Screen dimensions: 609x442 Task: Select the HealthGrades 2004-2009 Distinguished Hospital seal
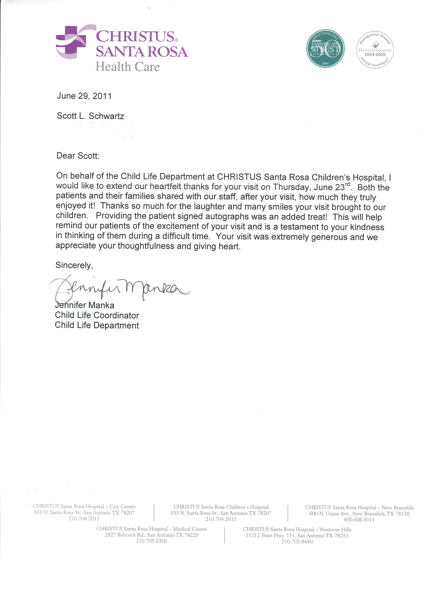(375, 50)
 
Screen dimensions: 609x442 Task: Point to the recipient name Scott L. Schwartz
(90, 116)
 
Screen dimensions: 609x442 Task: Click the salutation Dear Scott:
(78, 156)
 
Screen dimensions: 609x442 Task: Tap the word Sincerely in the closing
(74, 265)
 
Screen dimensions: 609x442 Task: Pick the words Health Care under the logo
(128, 67)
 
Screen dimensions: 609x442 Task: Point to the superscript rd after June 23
(347, 184)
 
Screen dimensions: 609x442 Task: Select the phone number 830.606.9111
(359, 520)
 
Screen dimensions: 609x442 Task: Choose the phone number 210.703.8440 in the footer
(297, 542)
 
